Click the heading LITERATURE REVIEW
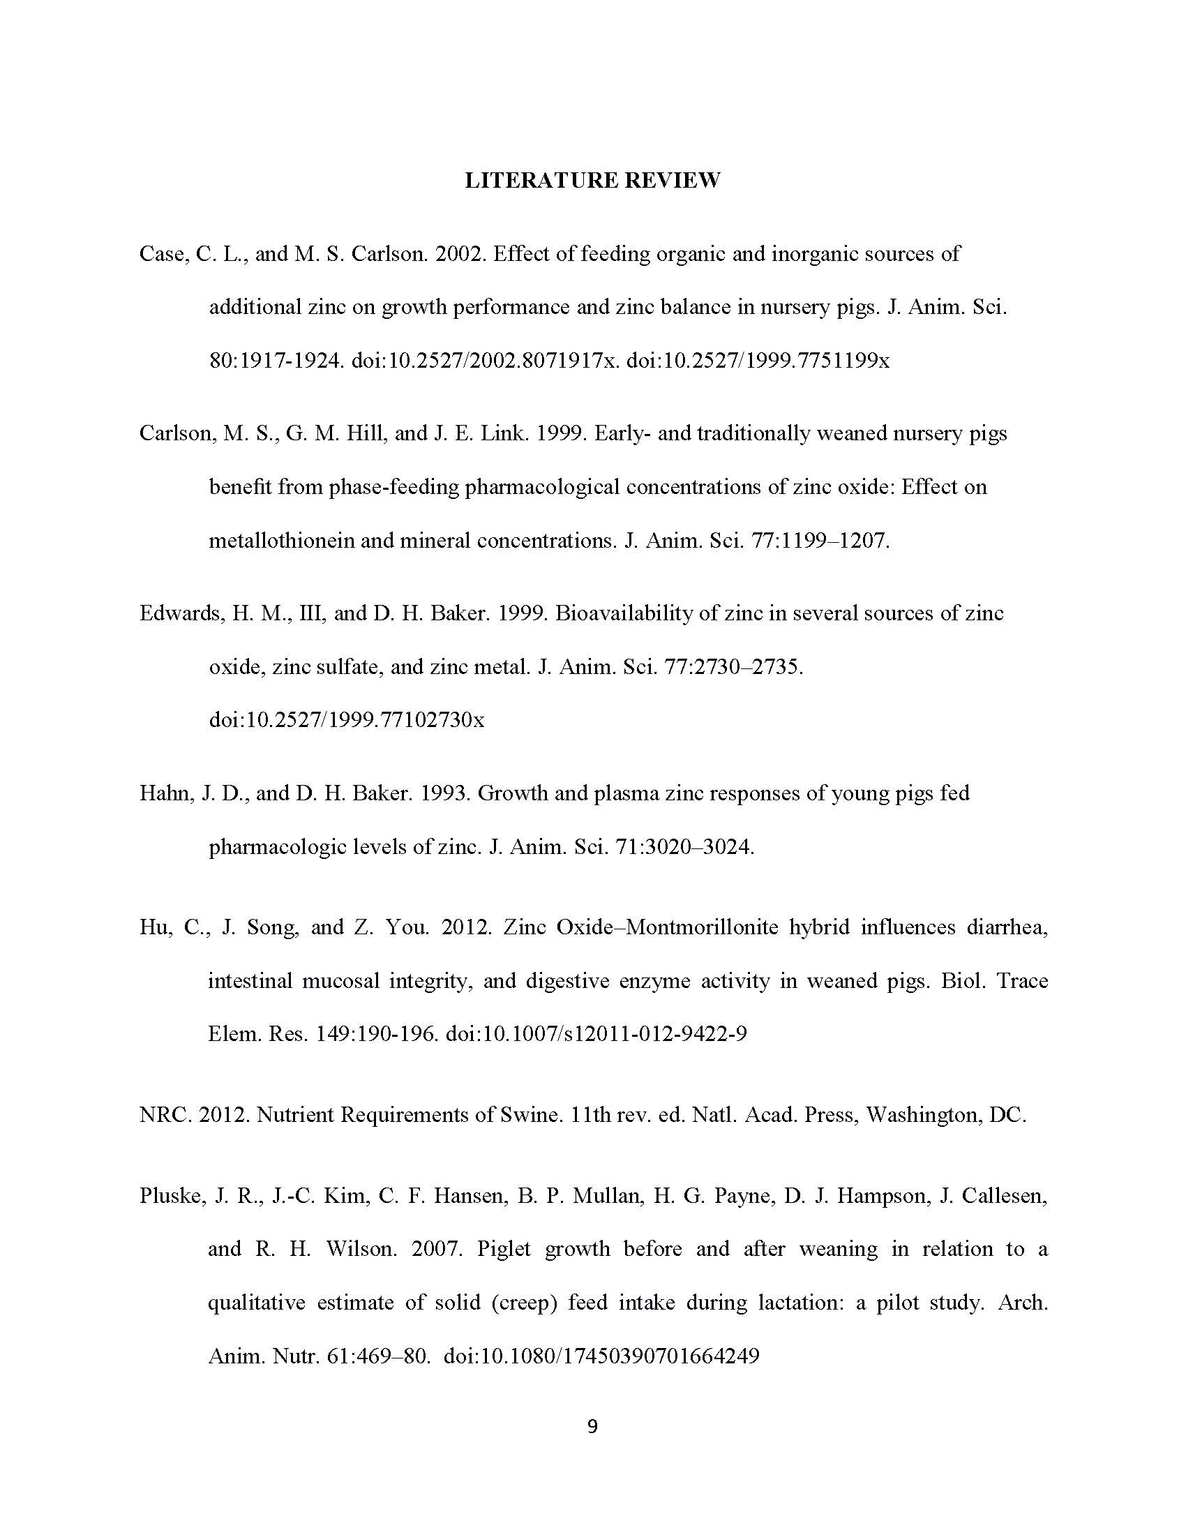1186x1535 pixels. (592, 181)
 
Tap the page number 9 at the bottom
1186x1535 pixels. (592, 1426)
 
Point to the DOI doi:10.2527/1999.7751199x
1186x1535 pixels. (758, 361)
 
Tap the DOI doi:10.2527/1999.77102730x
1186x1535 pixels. (347, 721)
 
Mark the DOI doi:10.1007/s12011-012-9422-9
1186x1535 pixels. (596, 1034)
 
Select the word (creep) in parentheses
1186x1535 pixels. (523, 1303)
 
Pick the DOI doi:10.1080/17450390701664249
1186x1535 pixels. (601, 1356)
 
